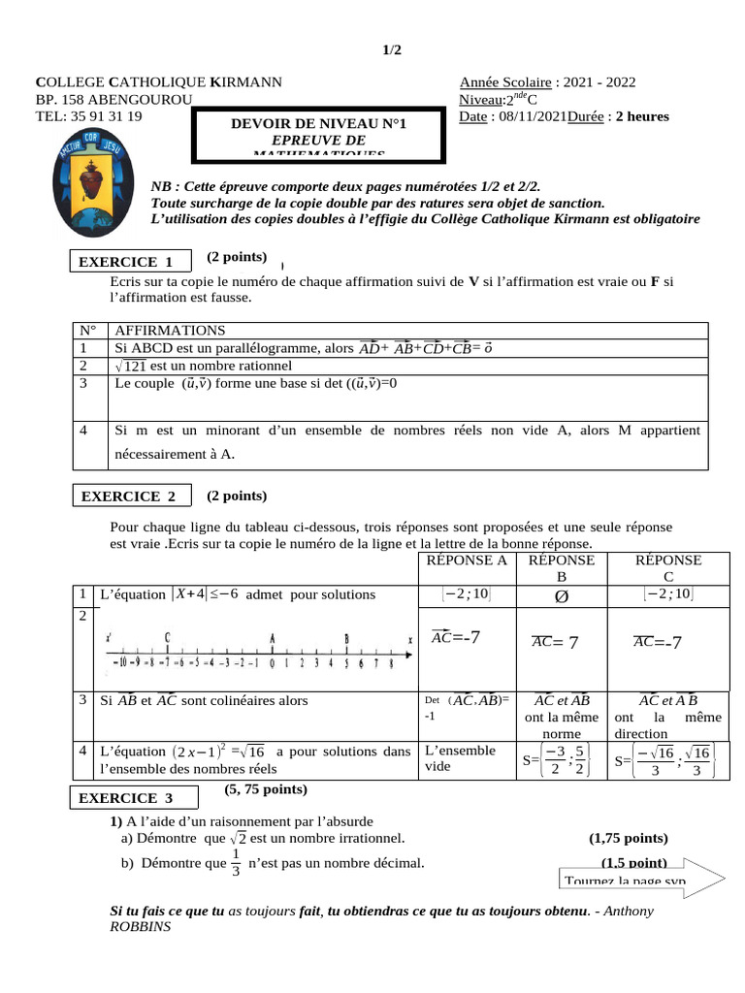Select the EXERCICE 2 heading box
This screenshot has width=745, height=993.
pyautogui.click(x=128, y=496)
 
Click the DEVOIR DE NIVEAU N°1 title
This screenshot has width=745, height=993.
pyautogui.click(x=318, y=124)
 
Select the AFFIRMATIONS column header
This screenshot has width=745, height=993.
pyautogui.click(x=170, y=331)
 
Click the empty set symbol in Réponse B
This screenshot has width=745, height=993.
pyautogui.click(x=560, y=595)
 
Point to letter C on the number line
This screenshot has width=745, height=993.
pyautogui.click(x=168, y=638)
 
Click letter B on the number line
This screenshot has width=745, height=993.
pyautogui.click(x=346, y=638)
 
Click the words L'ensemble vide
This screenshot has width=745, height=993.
pyautogui.click(x=461, y=758)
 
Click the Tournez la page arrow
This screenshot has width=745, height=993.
pyautogui.click(x=641, y=877)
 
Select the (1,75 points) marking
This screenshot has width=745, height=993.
pyautogui.click(x=629, y=838)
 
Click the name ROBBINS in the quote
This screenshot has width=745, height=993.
pyautogui.click(x=142, y=927)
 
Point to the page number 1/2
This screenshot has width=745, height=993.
pyautogui.click(x=390, y=50)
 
